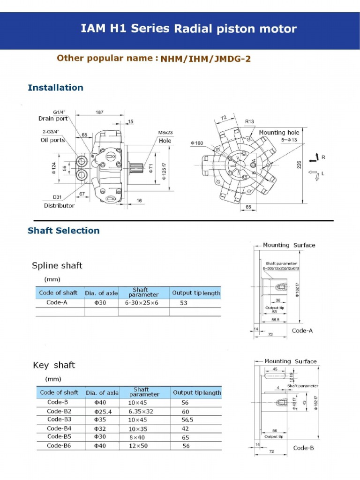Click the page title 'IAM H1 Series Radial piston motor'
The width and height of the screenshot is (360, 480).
pyautogui.click(x=188, y=29)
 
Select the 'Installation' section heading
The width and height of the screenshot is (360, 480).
pyautogui.click(x=55, y=88)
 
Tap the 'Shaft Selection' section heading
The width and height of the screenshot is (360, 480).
pyautogui.click(x=64, y=231)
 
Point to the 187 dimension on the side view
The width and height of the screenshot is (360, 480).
pyautogui.click(x=99, y=112)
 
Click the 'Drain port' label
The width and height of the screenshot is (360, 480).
pyautogui.click(x=53, y=119)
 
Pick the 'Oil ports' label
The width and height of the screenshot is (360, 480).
pyautogui.click(x=52, y=140)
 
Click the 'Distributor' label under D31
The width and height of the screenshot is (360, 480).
pyautogui.click(x=59, y=205)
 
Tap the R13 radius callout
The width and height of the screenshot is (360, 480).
pyautogui.click(x=249, y=121)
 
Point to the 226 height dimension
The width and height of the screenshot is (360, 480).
pyautogui.click(x=299, y=165)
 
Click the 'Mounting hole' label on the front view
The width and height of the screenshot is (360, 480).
pyautogui.click(x=279, y=133)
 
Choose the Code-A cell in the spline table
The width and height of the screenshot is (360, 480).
pyautogui.click(x=57, y=303)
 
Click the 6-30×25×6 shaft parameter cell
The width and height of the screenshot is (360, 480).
pyautogui.click(x=142, y=303)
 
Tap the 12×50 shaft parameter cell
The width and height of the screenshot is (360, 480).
pyautogui.click(x=138, y=446)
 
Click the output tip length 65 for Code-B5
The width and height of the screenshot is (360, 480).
pyautogui.click(x=185, y=437)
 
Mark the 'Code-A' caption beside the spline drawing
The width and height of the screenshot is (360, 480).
pyautogui.click(x=302, y=330)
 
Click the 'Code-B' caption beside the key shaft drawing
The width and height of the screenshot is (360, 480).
pyautogui.click(x=303, y=448)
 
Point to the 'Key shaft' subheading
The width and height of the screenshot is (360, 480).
pyautogui.click(x=54, y=365)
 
